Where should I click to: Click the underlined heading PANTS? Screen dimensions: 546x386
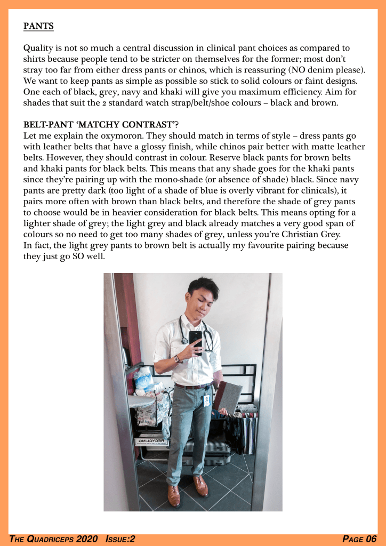[x=38, y=25]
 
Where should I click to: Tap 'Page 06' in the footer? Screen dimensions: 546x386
[x=359, y=539]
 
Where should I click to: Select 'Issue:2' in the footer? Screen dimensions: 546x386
[x=120, y=539]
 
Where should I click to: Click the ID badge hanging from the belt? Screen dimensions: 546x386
[x=206, y=399]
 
